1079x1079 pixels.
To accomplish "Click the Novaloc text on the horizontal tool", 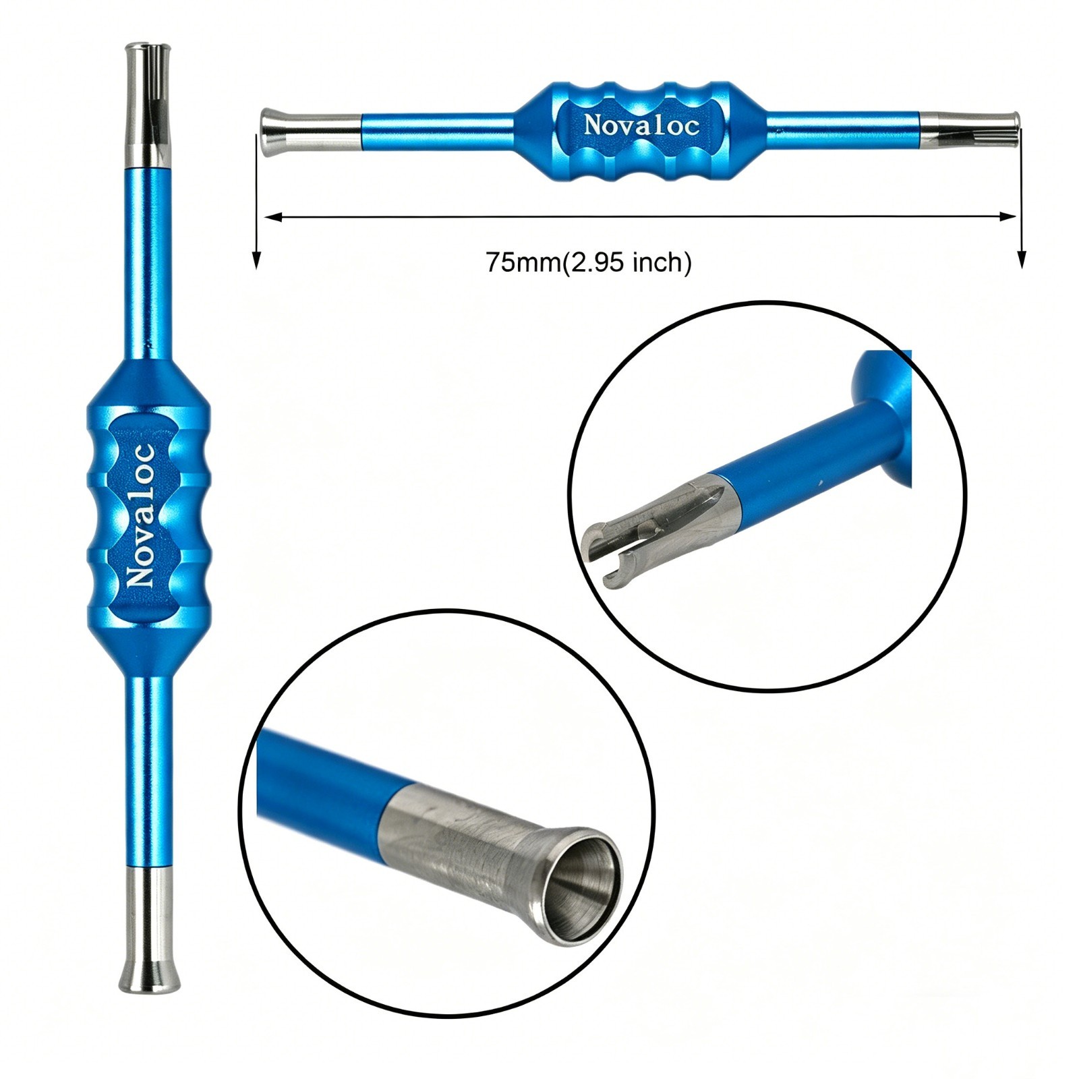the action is pos(641,125).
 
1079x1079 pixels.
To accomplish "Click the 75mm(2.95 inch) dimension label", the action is pos(589,262).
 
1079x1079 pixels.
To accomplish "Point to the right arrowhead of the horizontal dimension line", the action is pos(1008,216).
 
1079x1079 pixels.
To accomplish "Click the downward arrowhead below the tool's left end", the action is pos(256,260).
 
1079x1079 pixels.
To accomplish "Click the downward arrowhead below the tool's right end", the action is pos(1022,259).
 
